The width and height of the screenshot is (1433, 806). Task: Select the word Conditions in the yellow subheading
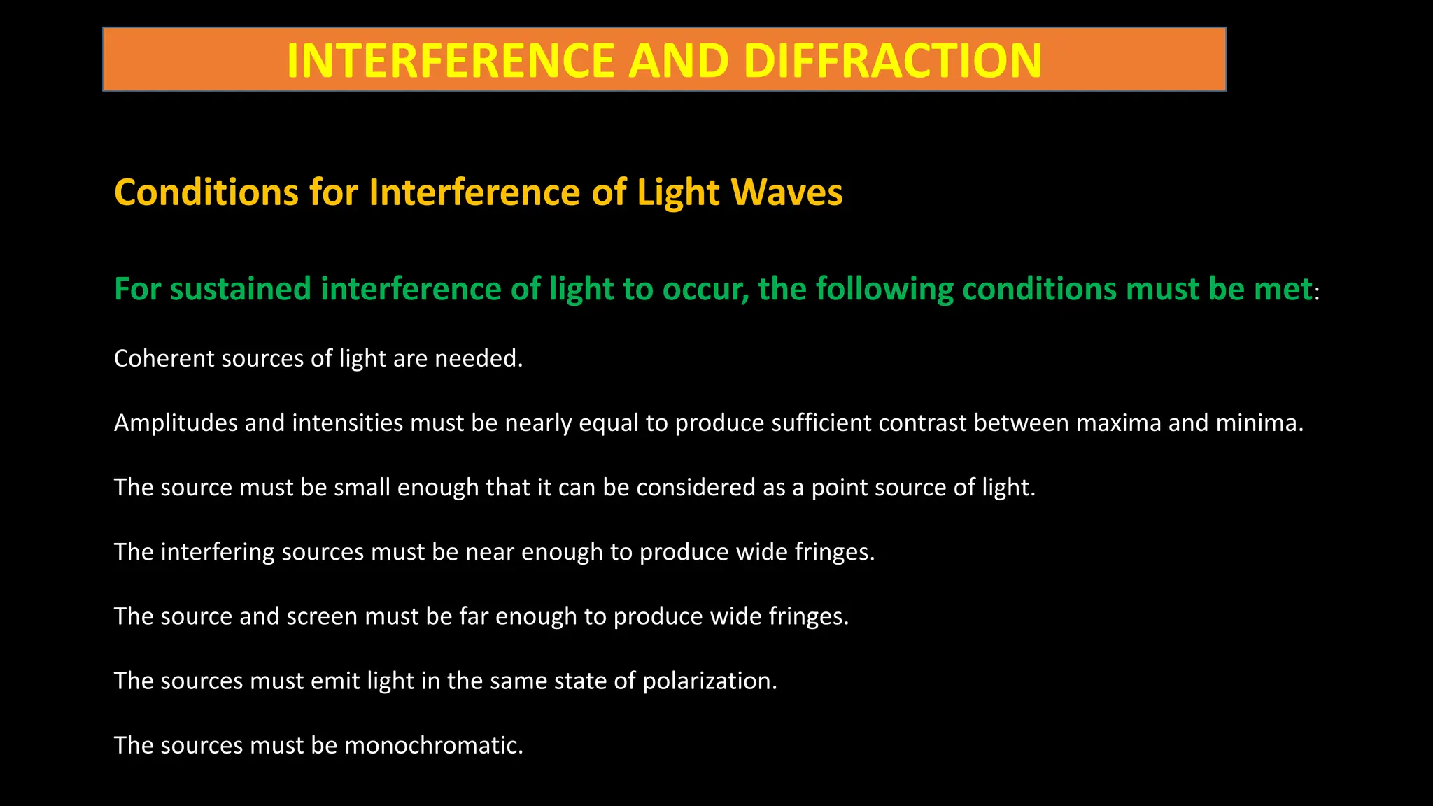click(x=207, y=192)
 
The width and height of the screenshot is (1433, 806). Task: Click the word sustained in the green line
click(x=240, y=289)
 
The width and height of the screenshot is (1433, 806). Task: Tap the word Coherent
click(x=164, y=358)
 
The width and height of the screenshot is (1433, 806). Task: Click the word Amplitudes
click(x=176, y=423)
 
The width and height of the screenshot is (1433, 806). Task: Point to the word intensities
click(x=347, y=423)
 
